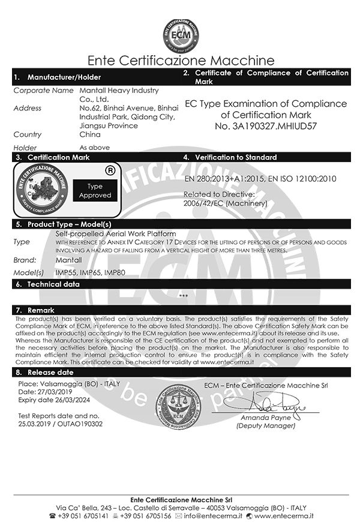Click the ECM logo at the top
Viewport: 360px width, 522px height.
coord(181,35)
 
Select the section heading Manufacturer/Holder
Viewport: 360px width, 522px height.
coord(64,77)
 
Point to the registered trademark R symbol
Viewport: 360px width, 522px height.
coord(110,170)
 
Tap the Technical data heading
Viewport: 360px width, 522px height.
coord(53,284)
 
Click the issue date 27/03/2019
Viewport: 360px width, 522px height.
coord(53,391)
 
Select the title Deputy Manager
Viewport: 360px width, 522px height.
coord(266,425)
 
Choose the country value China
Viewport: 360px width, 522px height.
coord(91,135)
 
